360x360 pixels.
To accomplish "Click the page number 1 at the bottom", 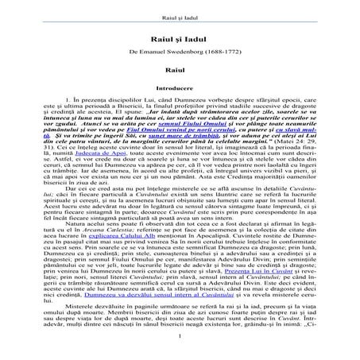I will [x=180, y=343].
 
